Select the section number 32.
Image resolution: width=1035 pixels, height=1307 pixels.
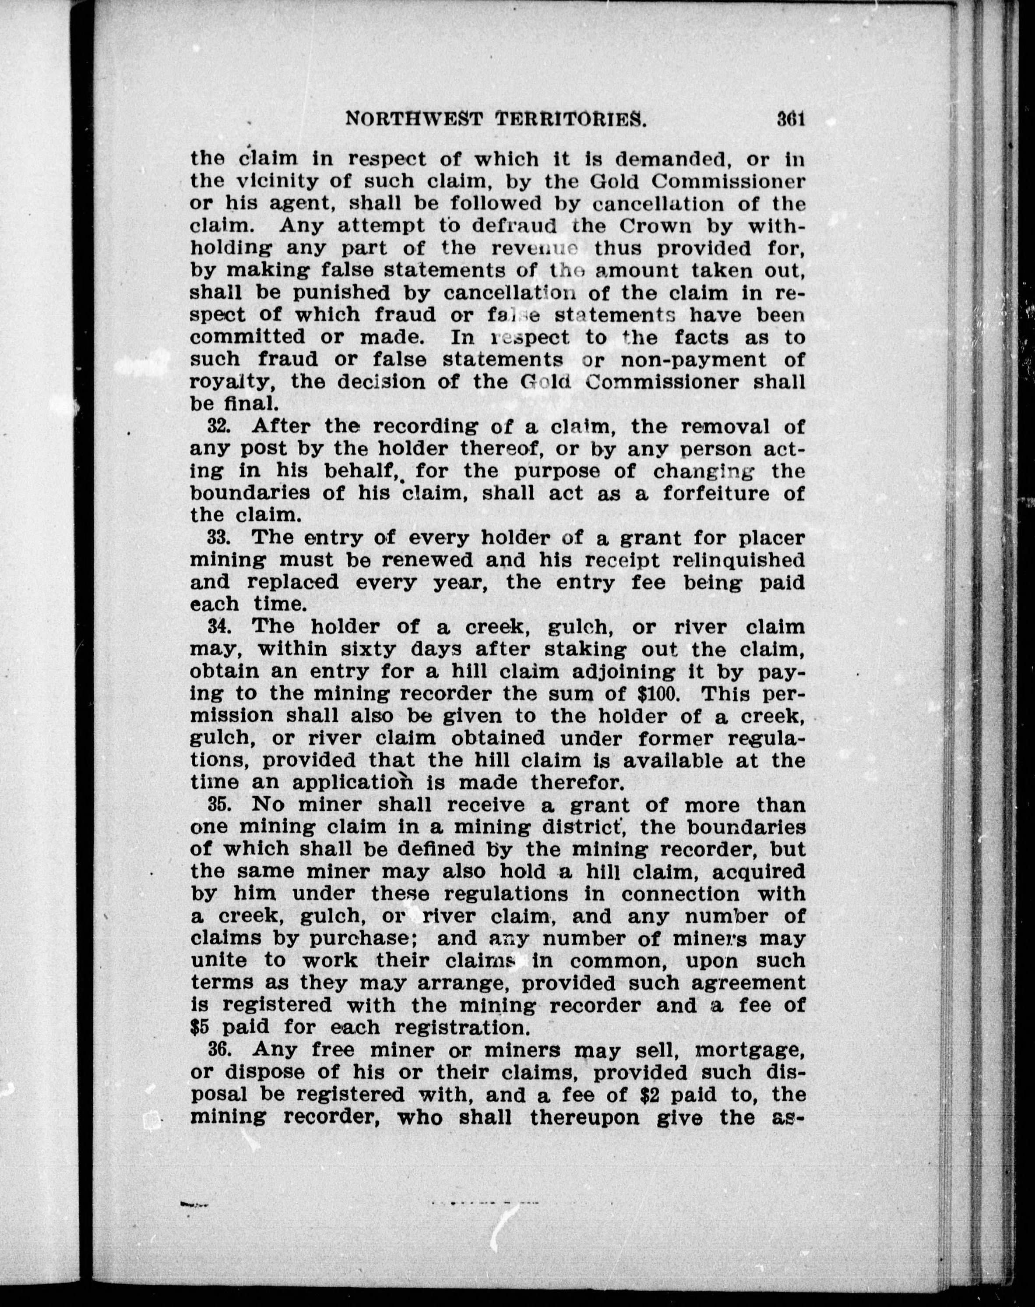(217, 426)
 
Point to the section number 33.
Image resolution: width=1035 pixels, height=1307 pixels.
(217, 538)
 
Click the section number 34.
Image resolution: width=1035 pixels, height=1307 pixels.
(217, 627)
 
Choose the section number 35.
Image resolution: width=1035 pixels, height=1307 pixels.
(217, 805)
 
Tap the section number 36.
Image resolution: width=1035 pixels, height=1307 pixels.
(217, 1049)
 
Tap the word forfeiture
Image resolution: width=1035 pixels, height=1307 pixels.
(718, 493)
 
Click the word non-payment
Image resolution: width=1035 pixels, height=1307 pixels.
(690, 360)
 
